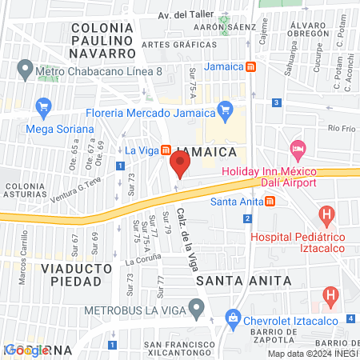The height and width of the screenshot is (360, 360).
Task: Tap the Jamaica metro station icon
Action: [x=250, y=66]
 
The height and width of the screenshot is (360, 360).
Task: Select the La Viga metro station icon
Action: [x=166, y=150]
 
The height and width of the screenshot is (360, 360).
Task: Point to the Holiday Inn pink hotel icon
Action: [x=298, y=149]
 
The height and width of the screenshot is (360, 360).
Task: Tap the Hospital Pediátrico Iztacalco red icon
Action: [x=326, y=214]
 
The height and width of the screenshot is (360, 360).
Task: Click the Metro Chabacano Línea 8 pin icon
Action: [x=25, y=70]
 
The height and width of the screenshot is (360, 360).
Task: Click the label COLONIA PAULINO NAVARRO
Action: [x=102, y=40]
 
